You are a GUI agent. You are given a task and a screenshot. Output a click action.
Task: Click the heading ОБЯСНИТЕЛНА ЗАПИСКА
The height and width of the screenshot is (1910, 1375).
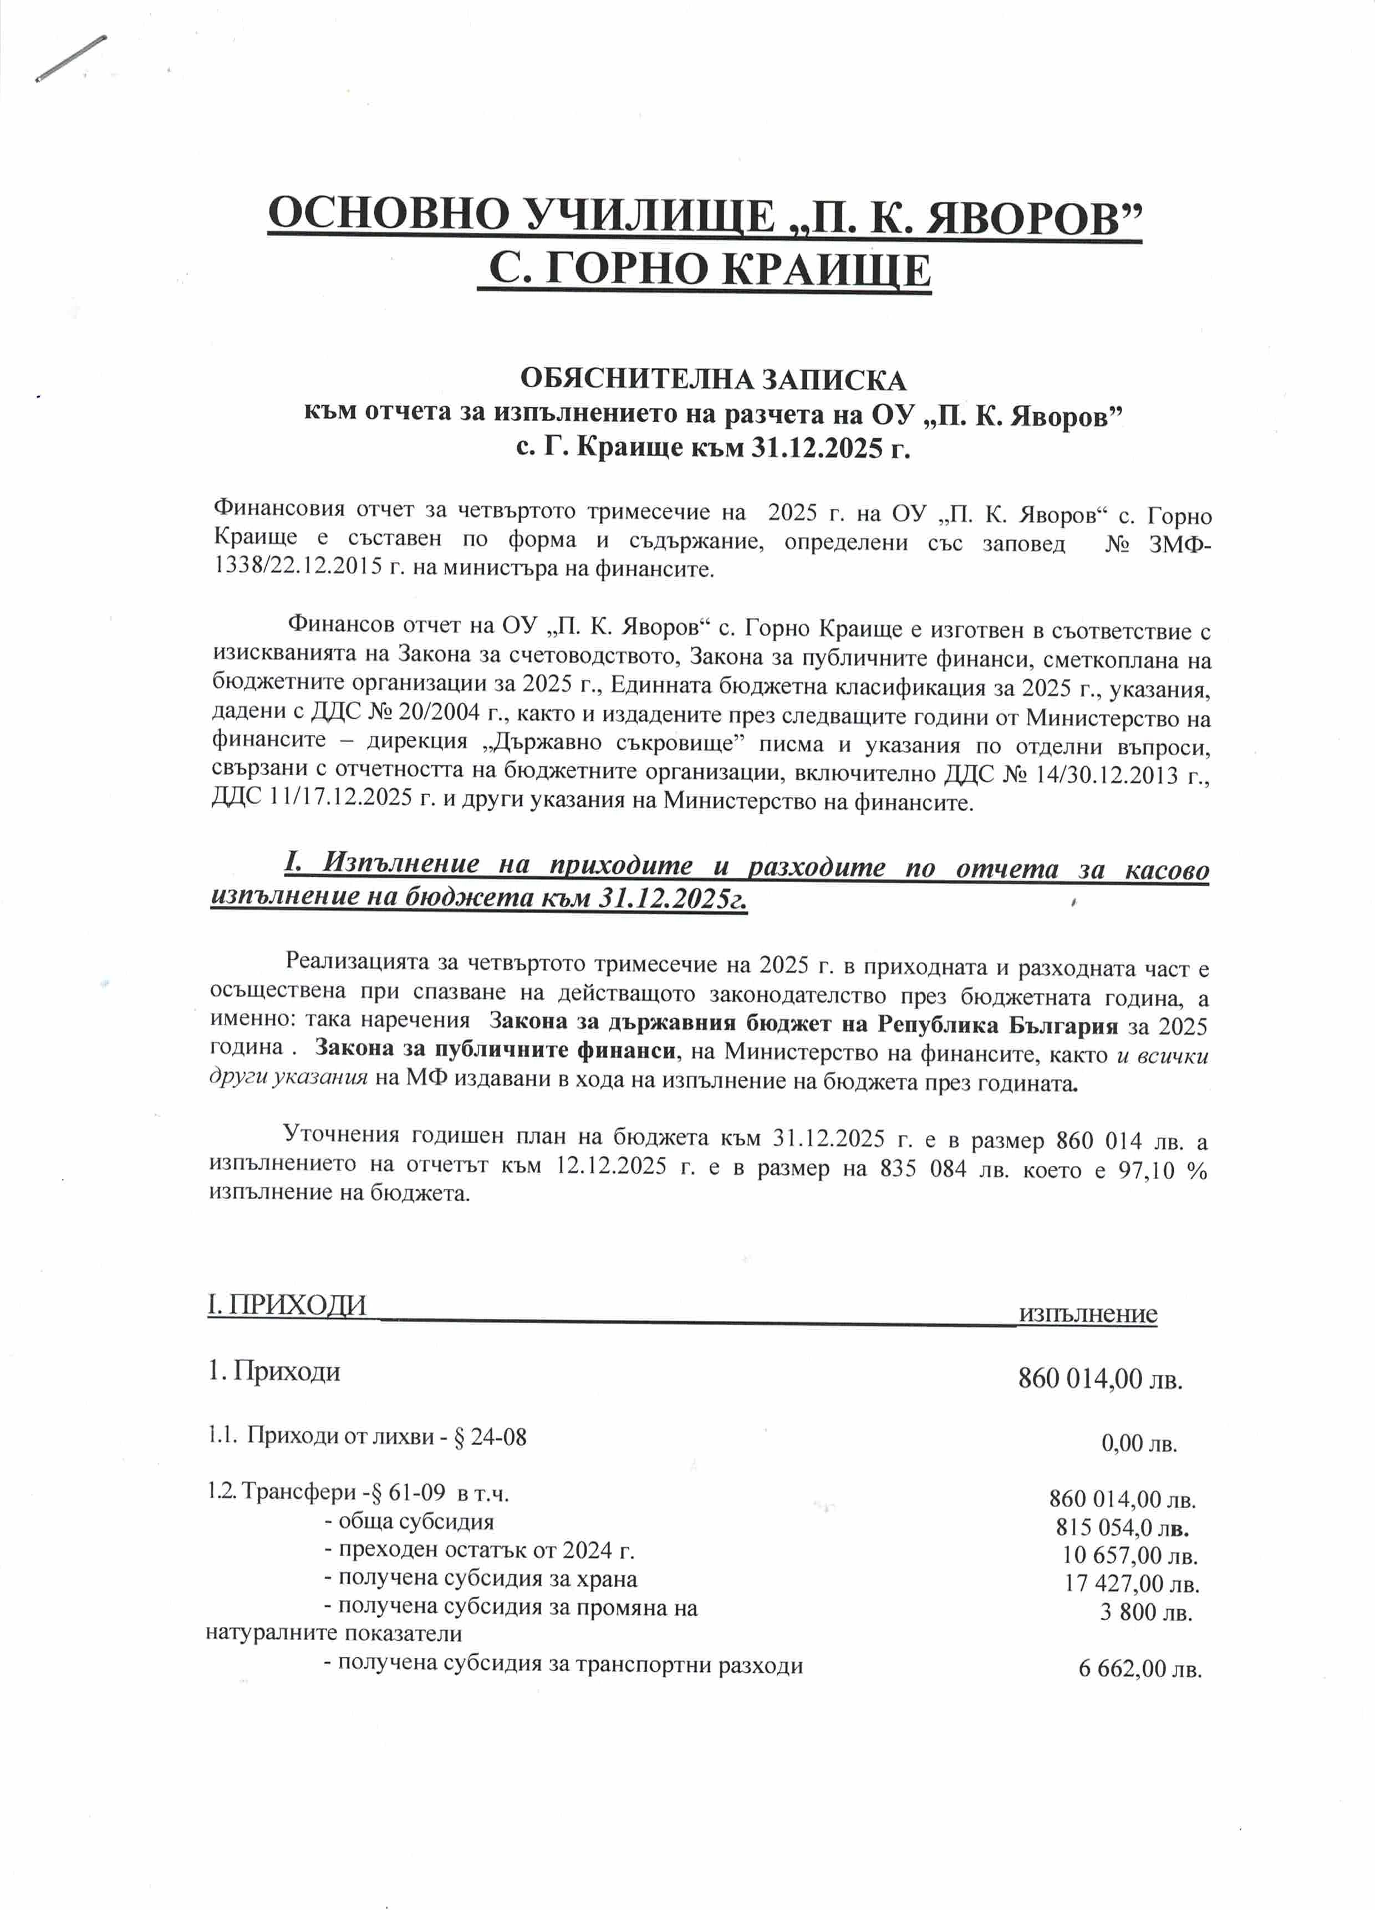(x=713, y=380)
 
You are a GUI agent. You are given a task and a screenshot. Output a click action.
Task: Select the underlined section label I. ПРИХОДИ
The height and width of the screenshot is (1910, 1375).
(x=287, y=1305)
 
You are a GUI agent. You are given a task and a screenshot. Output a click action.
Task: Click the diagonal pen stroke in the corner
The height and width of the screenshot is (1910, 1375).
(x=71, y=58)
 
